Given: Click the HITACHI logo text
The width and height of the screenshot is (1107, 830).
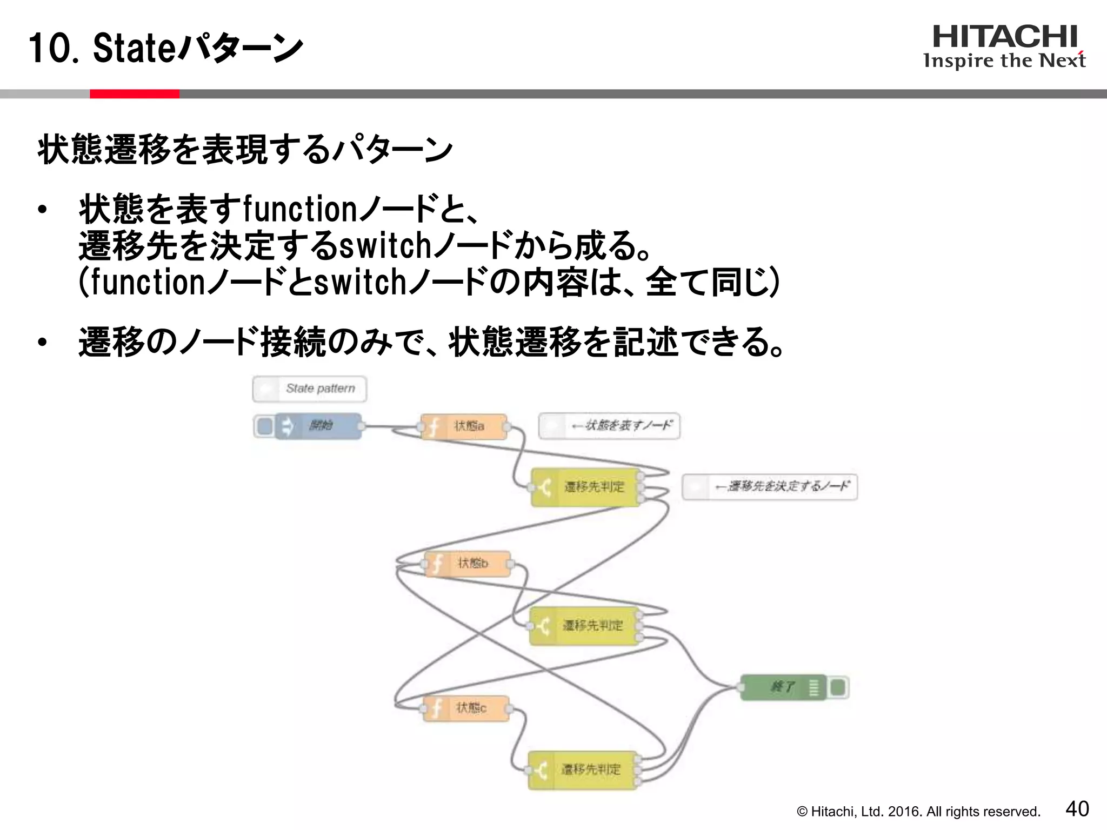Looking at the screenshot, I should pos(1005,37).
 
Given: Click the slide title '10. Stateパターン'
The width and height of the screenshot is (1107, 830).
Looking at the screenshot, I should pos(165,49).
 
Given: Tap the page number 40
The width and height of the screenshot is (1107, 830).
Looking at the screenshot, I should pos(1077,809).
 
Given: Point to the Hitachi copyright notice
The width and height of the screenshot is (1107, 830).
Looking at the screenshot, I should pos(918,812).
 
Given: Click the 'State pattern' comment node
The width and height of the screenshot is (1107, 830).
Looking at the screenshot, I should pos(309,389).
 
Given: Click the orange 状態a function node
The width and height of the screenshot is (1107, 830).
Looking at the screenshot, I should pos(464,426).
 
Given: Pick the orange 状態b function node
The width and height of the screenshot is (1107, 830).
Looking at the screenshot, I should pos(468,564).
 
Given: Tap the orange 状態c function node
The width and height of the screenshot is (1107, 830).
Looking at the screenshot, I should pos(466,708).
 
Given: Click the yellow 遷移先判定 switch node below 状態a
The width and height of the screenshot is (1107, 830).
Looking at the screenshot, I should pos(586,487).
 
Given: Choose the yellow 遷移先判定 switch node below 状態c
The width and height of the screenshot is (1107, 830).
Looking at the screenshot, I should pos(583,769).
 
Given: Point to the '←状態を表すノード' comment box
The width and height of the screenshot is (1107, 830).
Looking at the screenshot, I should pos(609,426).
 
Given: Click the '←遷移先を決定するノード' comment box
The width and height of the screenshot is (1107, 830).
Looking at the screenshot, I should pos(770,486).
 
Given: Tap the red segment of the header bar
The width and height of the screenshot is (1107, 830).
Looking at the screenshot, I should pos(134,94).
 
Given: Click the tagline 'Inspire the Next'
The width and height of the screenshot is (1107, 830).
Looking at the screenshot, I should pos(1004,61).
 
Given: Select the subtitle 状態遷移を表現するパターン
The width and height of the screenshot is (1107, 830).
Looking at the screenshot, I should pos(245,150).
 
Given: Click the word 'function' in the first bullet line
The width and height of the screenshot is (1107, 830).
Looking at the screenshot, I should pos(299,210).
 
